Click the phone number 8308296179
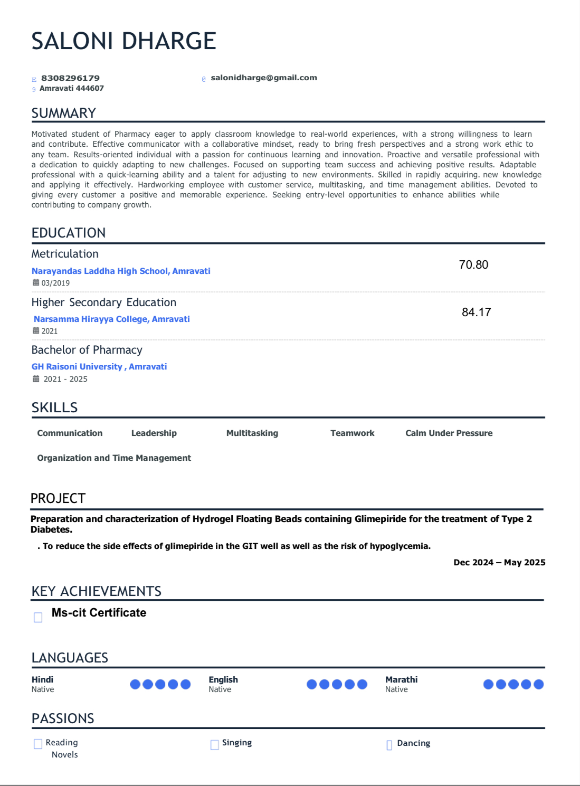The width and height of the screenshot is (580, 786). (70, 78)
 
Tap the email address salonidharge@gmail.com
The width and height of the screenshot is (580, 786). (264, 78)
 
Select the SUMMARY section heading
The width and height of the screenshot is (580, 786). (64, 113)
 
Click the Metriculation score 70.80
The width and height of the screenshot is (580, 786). (473, 264)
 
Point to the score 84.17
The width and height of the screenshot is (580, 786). (476, 312)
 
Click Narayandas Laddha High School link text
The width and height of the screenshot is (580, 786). (121, 271)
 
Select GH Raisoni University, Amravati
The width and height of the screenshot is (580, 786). (99, 366)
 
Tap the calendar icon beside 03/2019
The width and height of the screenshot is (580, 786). (36, 282)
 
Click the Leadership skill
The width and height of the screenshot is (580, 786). (154, 433)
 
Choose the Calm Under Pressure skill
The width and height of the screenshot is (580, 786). (449, 433)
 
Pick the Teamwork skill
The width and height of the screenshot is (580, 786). (352, 433)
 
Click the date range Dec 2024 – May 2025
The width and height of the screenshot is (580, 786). (499, 562)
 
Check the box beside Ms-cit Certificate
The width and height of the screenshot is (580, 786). (38, 617)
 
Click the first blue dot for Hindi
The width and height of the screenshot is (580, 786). (135, 684)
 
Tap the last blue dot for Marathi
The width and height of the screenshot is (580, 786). (538, 684)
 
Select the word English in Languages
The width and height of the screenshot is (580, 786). (223, 679)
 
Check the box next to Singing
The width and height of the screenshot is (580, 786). (215, 744)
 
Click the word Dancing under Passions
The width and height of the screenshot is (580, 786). (413, 743)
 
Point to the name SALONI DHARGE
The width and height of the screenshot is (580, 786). (124, 41)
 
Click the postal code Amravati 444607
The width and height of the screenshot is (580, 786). (72, 88)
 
